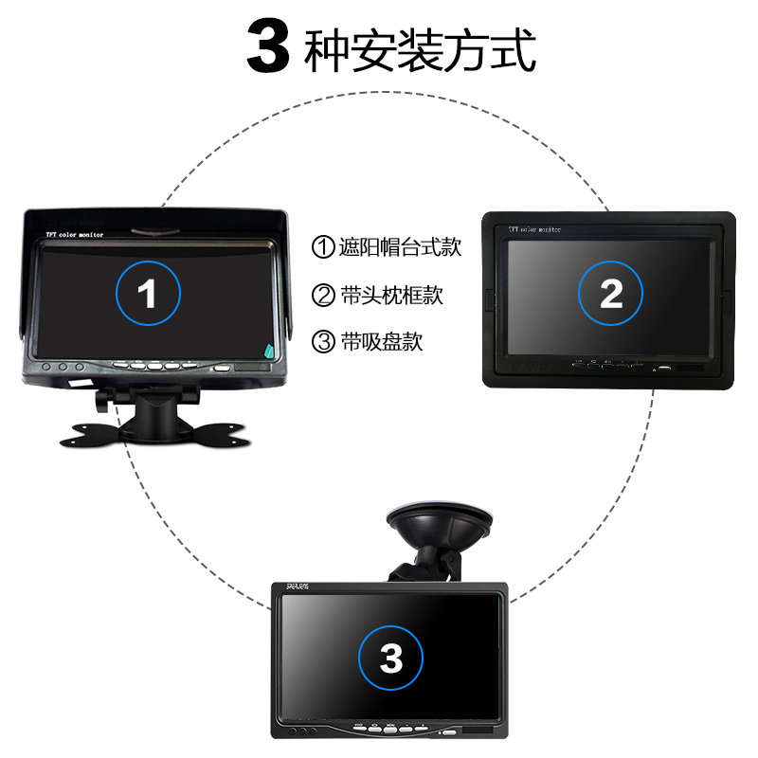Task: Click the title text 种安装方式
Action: pyautogui.click(x=420, y=49)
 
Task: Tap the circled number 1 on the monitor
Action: pyautogui.click(x=148, y=294)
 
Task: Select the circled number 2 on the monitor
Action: pyautogui.click(x=611, y=294)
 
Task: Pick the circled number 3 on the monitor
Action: pyautogui.click(x=390, y=657)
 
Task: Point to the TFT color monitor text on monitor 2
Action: pyautogui.click(x=535, y=228)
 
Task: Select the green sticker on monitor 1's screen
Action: pyautogui.click(x=272, y=351)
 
